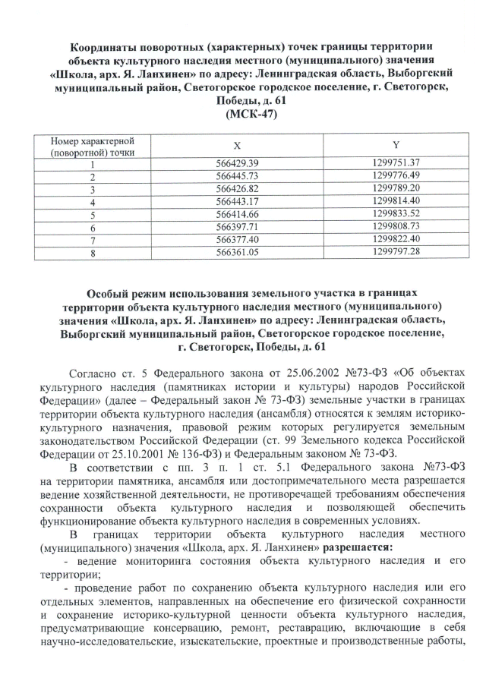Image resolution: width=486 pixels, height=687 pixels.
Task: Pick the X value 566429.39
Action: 238,163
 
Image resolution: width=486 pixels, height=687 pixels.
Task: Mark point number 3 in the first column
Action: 92,189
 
